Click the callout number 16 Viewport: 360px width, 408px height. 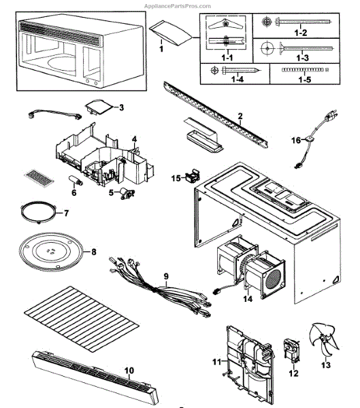point(296,141)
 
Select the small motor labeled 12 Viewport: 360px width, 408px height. point(291,350)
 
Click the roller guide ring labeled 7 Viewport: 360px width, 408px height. point(38,211)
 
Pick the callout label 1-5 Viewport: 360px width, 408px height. point(304,80)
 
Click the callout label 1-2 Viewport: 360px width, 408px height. point(301,33)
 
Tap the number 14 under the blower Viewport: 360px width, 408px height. point(248,299)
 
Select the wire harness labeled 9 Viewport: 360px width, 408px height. point(159,287)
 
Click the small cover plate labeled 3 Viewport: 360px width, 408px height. point(99,107)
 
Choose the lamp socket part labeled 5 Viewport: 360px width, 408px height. point(127,193)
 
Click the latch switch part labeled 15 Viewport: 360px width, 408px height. point(193,175)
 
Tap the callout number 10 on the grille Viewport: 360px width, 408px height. point(129,371)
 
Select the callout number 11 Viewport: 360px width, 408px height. point(216,362)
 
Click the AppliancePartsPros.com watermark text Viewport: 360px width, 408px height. point(178,6)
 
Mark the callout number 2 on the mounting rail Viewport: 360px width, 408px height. point(240,116)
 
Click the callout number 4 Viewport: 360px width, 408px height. point(134,139)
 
